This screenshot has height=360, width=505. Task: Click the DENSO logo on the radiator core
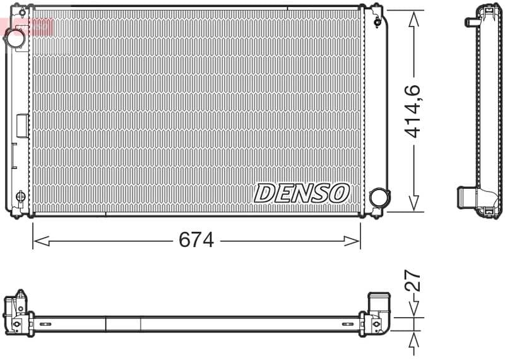[x=302, y=193]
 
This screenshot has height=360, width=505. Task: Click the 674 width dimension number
[x=196, y=240]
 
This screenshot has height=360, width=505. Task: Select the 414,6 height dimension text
[x=413, y=111]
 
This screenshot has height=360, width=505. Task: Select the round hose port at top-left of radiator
[x=15, y=38]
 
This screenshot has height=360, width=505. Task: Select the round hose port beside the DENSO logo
[x=379, y=198]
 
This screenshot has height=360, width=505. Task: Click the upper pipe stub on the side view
[x=471, y=22]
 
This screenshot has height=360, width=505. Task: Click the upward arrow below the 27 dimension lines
[x=413, y=343]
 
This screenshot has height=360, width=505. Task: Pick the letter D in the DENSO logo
[x=264, y=193]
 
